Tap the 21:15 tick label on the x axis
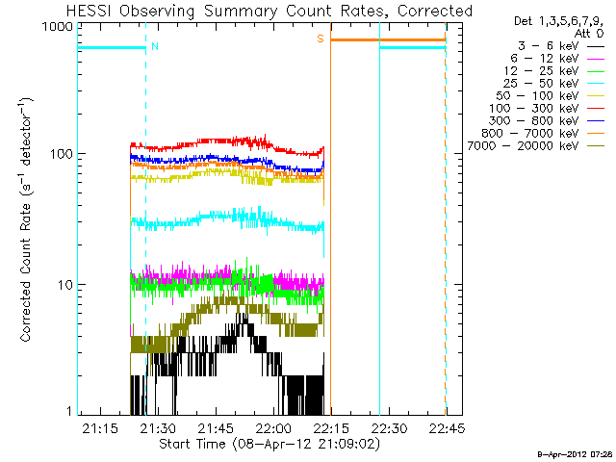(x=100, y=428)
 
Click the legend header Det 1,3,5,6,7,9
(x=555, y=20)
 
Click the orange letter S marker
(x=321, y=38)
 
